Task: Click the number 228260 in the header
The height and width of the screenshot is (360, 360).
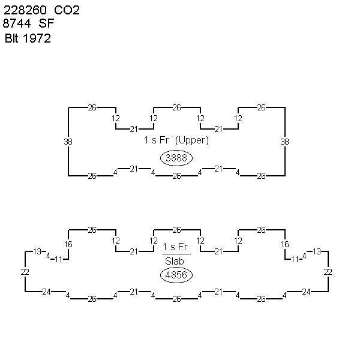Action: (x=25, y=10)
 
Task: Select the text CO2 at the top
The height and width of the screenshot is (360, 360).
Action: (x=67, y=10)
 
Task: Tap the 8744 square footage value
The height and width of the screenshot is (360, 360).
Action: (x=17, y=23)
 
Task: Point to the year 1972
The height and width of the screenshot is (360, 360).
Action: (x=37, y=38)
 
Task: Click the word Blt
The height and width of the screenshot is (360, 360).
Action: (x=11, y=38)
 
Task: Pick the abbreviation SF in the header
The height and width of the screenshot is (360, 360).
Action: (x=46, y=23)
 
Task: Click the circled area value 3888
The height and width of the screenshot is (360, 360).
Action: (x=176, y=158)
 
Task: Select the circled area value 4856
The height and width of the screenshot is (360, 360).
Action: (x=176, y=275)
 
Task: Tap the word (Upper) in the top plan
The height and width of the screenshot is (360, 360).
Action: (x=192, y=140)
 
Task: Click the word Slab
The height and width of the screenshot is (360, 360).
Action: (x=175, y=261)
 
